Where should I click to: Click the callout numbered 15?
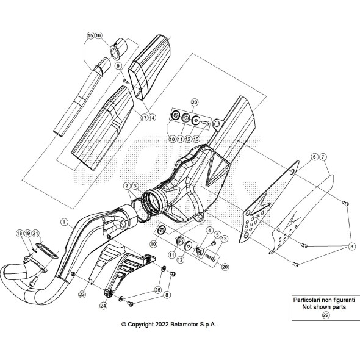click(90, 37)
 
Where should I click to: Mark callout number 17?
click(143, 117)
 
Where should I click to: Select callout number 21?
click(36, 234)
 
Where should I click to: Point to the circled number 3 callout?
click(135, 185)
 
